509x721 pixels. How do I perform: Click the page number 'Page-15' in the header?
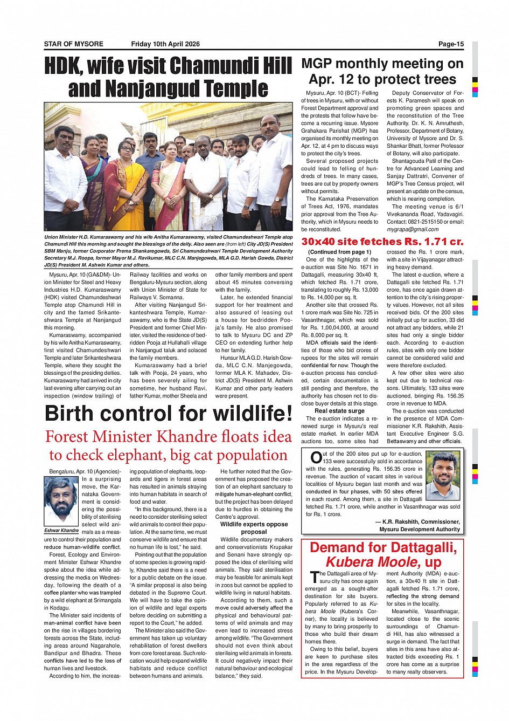pyautogui.click(x=450, y=44)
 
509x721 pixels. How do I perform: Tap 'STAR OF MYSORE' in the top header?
pyautogui.click(x=74, y=44)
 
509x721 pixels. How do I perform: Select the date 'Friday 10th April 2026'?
pyautogui.click(x=165, y=44)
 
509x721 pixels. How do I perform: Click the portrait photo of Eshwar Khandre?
pyautogui.click(x=61, y=501)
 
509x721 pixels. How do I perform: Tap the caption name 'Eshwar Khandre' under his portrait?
pyautogui.click(x=61, y=531)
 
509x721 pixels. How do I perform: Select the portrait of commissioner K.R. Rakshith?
pyautogui.click(x=443, y=476)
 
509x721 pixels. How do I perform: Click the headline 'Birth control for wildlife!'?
pyautogui.click(x=169, y=414)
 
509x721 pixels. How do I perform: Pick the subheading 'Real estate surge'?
pyautogui.click(x=339, y=411)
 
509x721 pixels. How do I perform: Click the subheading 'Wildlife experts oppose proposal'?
pyautogui.click(x=254, y=528)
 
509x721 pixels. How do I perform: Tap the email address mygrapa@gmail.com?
pyautogui.click(x=413, y=229)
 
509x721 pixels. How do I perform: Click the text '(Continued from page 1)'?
pyautogui.click(x=339, y=252)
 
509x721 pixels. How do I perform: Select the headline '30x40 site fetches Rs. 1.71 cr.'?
pyautogui.click(x=382, y=241)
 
